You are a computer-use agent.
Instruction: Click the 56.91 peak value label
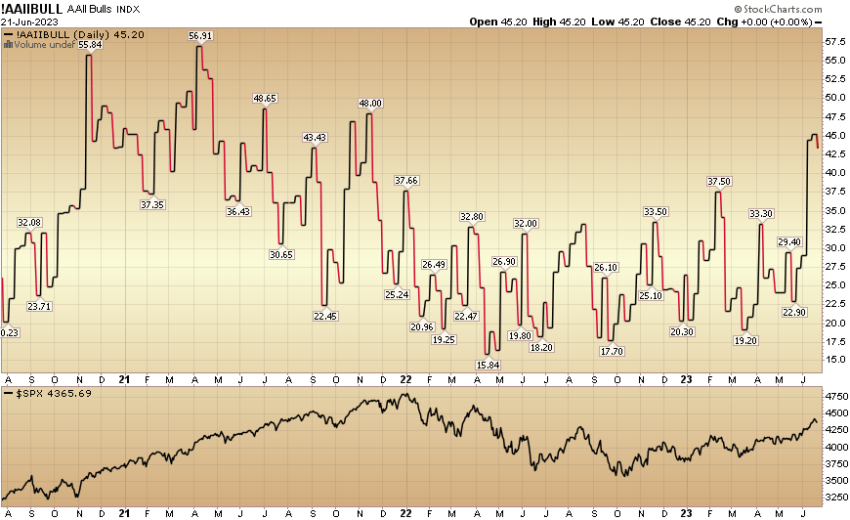(200, 36)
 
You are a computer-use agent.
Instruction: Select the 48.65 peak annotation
(265, 99)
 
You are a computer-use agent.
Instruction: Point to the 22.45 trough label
(324, 316)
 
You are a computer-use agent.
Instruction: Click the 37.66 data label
(405, 181)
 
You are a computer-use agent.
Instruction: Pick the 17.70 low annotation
(613, 351)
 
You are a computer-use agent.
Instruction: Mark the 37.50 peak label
(718, 182)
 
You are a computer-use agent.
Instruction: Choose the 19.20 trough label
(745, 340)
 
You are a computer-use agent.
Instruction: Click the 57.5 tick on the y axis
(834, 43)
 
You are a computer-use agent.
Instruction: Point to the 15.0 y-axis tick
(834, 360)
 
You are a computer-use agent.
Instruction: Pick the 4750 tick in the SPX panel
(834, 398)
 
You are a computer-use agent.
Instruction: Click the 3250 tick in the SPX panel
(834, 498)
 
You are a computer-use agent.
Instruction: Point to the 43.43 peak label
(315, 137)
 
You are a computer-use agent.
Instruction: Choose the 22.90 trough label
(792, 312)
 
